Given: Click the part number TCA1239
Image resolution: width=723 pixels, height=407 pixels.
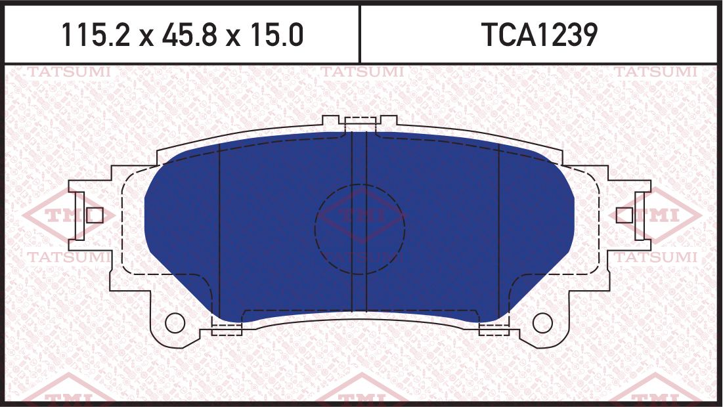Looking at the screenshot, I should (x=540, y=35).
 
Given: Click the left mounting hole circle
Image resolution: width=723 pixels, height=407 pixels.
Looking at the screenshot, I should (x=174, y=322).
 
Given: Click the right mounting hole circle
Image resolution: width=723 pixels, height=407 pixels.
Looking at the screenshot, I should (x=542, y=322).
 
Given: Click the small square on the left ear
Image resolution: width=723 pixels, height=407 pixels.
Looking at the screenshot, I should (x=94, y=215).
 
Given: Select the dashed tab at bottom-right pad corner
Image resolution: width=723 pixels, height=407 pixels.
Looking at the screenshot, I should (x=494, y=329).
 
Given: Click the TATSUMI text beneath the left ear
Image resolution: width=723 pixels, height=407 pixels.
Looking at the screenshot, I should (x=68, y=257).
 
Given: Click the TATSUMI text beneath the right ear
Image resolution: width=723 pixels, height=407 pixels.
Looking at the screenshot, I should (x=655, y=257).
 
